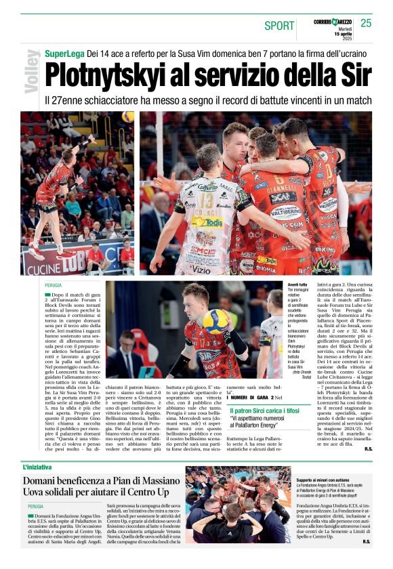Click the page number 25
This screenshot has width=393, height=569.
(x=366, y=23)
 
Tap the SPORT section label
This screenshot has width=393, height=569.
(x=279, y=26)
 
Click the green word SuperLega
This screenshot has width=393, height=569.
(x=64, y=53)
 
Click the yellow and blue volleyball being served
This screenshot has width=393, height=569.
(x=215, y=320)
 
